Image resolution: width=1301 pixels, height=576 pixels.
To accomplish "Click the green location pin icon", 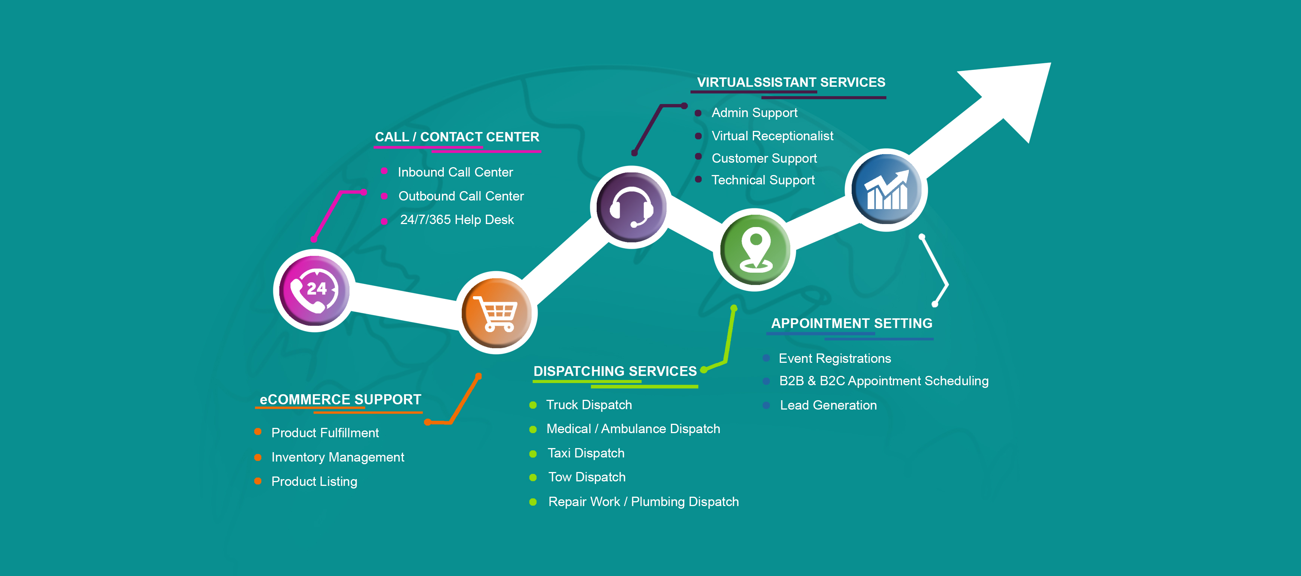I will coord(754,249).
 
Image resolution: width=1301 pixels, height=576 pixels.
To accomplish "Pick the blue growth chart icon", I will coord(886,190).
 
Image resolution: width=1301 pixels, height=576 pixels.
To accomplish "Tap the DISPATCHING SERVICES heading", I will coord(615,371).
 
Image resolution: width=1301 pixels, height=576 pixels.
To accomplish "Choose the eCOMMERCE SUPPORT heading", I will coord(340,399).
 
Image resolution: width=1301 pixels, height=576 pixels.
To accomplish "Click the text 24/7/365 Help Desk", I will coord(456,220).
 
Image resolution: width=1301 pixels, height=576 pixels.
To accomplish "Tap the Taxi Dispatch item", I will coord(586,453).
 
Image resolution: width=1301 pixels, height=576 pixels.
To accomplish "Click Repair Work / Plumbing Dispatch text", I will coord(643,502).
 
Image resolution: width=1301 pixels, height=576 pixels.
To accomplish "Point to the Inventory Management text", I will coord(337,457).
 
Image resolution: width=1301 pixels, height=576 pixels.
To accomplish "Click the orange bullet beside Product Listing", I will coord(258,481).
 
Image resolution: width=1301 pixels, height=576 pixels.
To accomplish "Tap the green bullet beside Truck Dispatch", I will coord(533,405).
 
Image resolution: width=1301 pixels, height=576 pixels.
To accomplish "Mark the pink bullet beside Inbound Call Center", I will coord(384,171).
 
